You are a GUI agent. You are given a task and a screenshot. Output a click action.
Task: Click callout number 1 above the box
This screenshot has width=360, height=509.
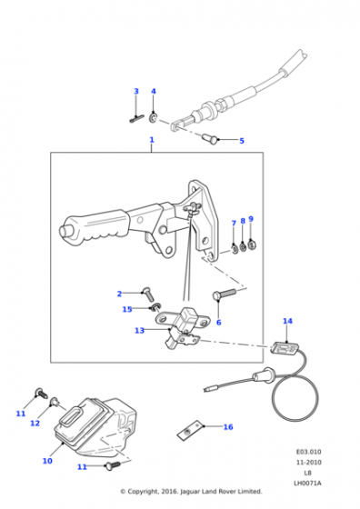(x=152, y=140)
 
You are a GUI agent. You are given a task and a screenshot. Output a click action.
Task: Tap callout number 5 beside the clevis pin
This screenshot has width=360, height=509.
(x=242, y=141)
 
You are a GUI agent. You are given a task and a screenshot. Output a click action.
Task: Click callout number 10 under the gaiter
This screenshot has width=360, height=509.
(x=47, y=461)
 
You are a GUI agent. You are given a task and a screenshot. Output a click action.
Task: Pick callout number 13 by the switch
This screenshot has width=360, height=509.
(x=140, y=331)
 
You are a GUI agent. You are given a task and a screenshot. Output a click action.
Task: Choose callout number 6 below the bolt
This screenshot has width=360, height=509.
(x=219, y=323)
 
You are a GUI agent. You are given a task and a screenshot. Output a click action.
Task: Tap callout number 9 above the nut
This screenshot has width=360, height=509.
(x=251, y=219)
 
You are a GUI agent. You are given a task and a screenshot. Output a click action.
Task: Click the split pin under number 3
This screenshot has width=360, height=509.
(x=136, y=119)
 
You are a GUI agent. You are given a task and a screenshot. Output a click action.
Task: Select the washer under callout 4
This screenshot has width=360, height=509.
(x=154, y=118)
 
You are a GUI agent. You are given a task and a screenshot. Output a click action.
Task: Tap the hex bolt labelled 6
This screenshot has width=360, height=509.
(x=224, y=294)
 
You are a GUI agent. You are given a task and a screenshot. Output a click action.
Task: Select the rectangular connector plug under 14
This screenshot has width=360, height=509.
(x=284, y=349)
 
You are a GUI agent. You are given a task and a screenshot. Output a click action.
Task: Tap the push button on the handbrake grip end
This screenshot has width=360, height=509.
(x=64, y=230)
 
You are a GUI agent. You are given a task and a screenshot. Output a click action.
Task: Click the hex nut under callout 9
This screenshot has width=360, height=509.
(x=252, y=245)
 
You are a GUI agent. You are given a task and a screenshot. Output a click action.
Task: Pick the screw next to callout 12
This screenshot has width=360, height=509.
(x=54, y=403)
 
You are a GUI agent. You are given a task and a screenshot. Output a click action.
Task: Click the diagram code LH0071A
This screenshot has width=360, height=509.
(x=308, y=484)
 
